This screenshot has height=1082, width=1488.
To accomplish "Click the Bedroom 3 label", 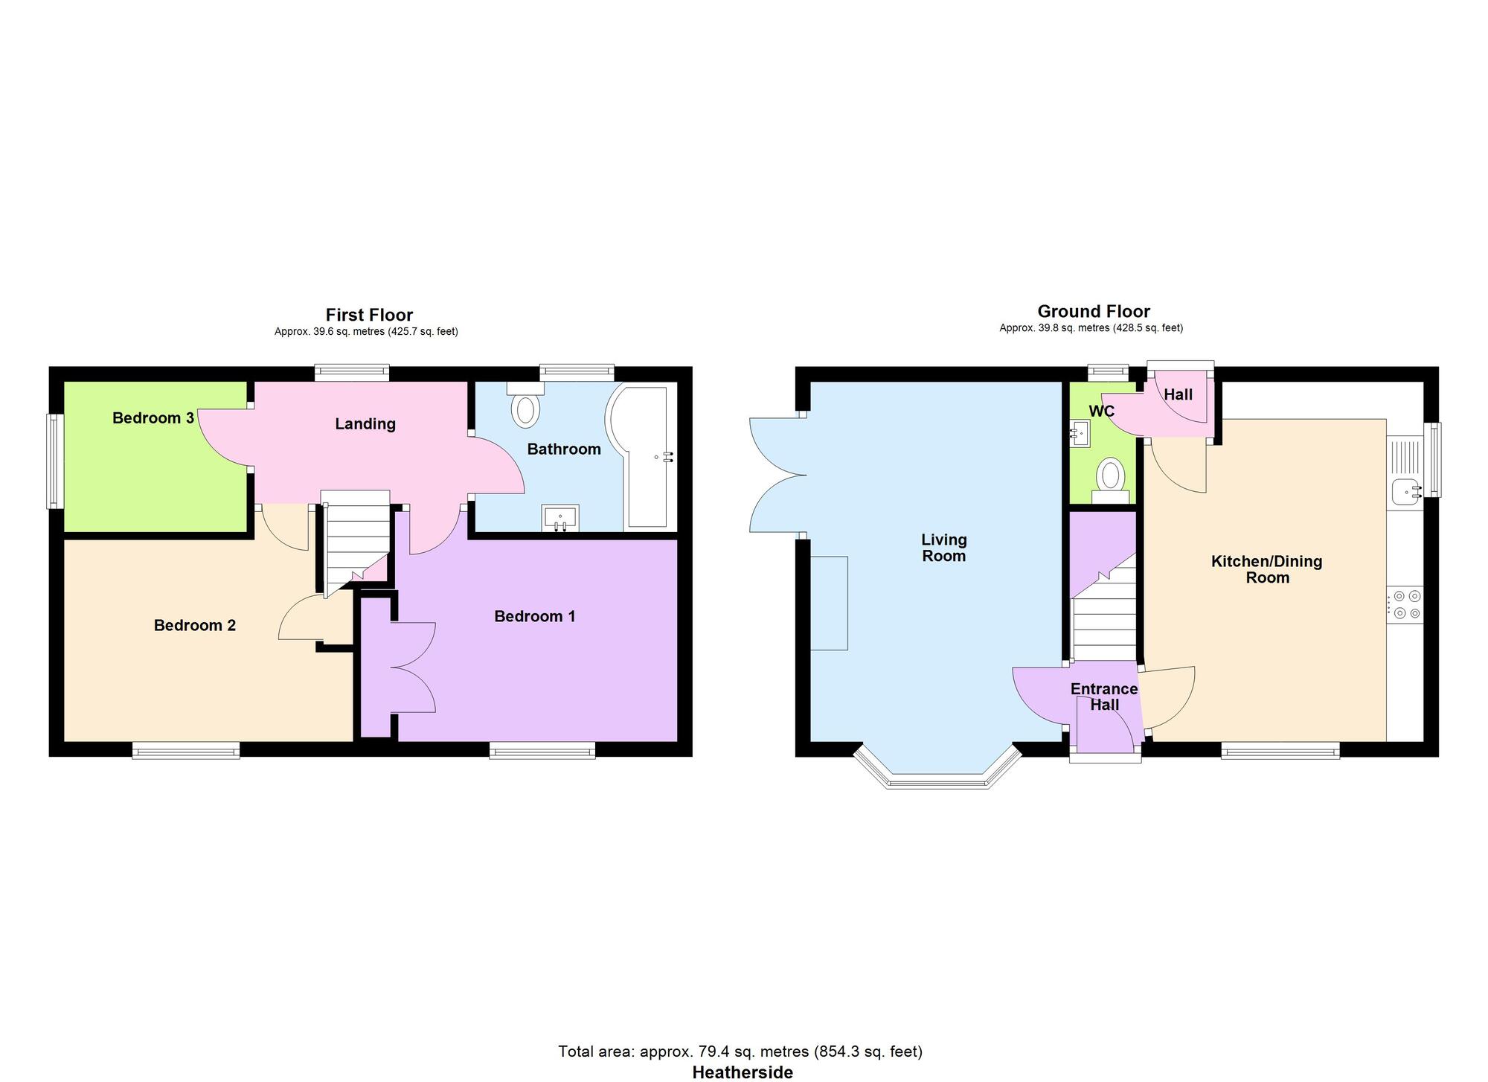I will coord(153,418).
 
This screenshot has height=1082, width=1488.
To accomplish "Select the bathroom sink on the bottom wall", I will coord(560,518).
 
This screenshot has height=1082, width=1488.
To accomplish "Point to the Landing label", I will coord(365,424).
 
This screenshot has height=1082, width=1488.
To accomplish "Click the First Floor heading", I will coord(369,315).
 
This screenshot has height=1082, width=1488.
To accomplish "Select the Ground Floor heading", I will coord(1093,311).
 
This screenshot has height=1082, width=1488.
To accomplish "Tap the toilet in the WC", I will coord(1111,478).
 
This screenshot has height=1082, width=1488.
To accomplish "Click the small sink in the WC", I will coord(1080,433).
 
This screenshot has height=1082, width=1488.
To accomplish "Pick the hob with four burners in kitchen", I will coord(1405,604).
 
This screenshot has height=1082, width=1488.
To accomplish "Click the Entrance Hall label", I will coord(1103,697).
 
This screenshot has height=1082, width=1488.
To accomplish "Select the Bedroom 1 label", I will coord(534,616).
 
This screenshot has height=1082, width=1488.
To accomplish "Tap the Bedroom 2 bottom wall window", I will coord(186,751).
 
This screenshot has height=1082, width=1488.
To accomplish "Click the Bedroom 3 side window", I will coord(54,461).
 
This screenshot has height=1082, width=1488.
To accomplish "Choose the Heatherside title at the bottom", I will coord(742,1072).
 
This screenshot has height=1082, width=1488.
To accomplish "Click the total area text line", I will coord(740,1051).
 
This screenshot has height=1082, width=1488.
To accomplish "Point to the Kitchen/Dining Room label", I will coord(1266,569).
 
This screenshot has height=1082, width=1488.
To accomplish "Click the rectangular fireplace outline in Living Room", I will coord(829,603).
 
